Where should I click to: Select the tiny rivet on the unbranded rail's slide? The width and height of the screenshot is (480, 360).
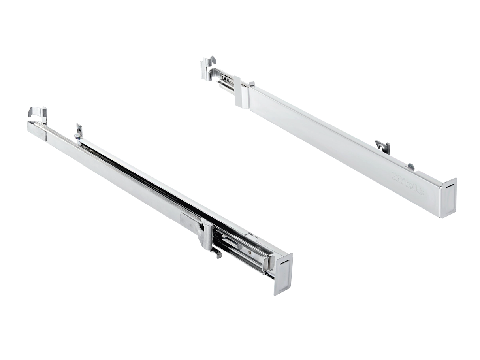click(248, 250)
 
